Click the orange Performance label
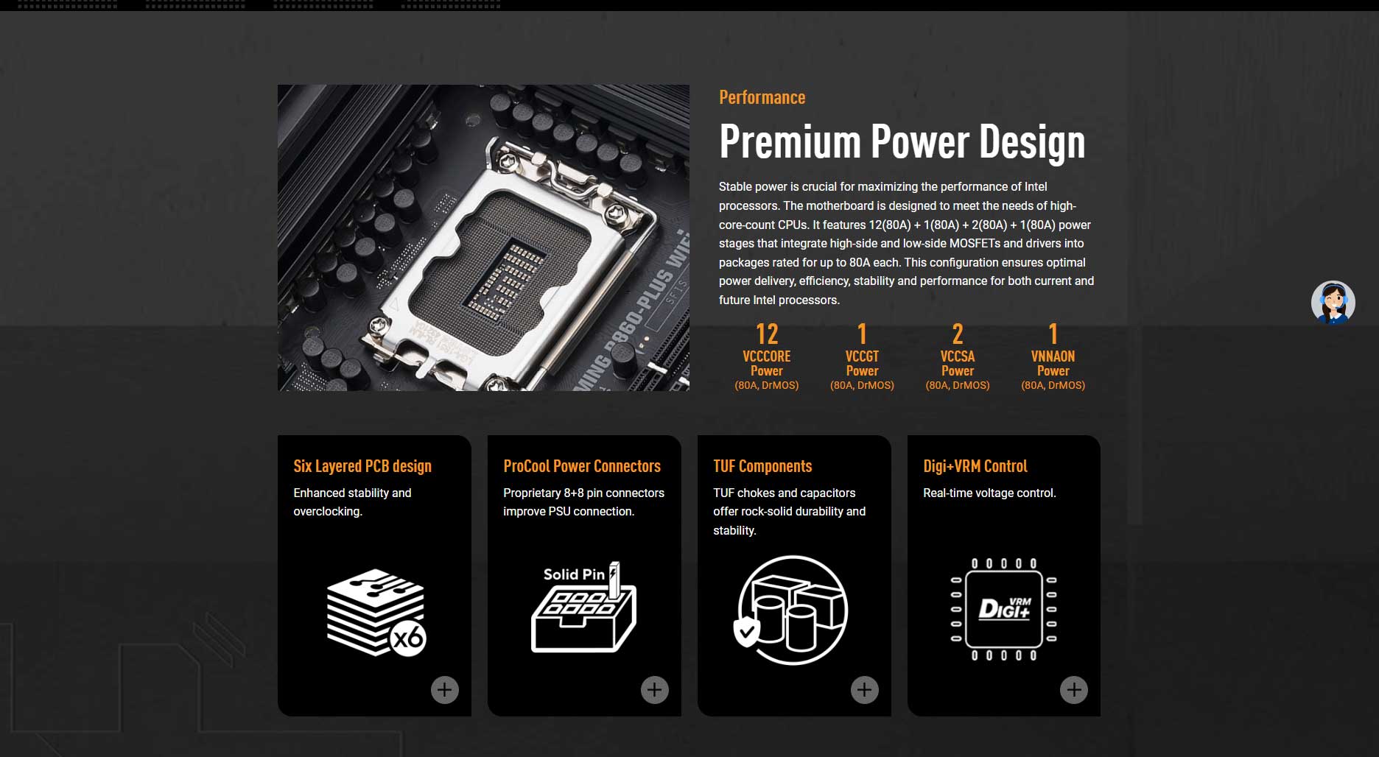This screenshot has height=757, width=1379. (762, 97)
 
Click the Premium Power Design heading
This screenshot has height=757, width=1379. (902, 141)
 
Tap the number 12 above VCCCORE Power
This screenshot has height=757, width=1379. (767, 334)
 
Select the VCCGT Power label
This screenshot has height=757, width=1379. (862, 363)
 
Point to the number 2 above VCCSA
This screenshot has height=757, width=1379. (958, 334)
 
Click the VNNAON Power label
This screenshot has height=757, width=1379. (1053, 363)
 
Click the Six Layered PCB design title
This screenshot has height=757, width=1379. (362, 466)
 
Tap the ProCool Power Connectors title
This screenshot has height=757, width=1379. (582, 466)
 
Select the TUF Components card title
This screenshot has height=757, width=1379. (762, 466)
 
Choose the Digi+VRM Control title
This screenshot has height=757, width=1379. (975, 466)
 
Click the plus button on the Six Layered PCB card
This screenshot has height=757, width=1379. (445, 690)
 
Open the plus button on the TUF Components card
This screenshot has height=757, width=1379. (865, 690)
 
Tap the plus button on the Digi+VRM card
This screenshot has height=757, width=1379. (1074, 690)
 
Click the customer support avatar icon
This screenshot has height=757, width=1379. (1333, 302)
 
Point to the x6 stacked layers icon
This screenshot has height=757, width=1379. (376, 612)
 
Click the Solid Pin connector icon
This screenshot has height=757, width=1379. (583, 608)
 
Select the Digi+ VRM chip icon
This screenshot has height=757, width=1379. (1003, 609)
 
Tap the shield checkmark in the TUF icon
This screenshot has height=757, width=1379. (746, 631)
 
